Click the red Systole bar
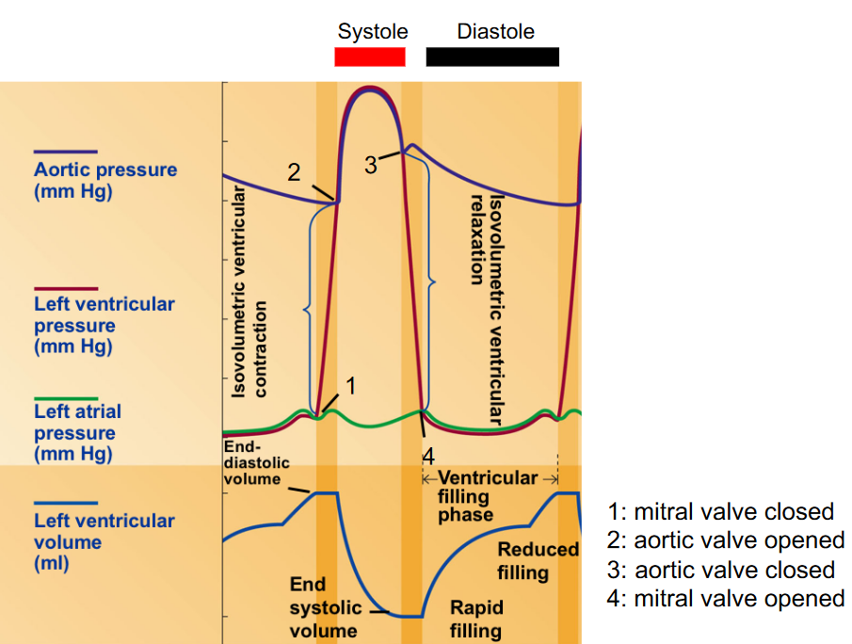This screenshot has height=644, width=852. point(370,56)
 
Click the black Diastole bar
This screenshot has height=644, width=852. point(492,56)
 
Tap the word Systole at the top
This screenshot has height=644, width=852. point(373,31)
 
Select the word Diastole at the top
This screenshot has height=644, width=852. point(495,31)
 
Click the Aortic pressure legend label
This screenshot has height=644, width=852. point(104,181)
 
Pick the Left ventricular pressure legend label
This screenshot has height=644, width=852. point(104,325)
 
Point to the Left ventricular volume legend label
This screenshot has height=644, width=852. point(104,541)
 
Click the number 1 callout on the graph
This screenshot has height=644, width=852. point(350,385)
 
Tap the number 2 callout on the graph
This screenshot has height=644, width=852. point(295,172)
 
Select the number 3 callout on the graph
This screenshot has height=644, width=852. point(371,165)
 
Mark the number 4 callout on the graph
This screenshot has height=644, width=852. point(428,457)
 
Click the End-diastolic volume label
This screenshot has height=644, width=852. point(257,463)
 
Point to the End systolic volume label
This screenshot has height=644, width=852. point(323,607)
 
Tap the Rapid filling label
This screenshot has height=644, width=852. point(476,619)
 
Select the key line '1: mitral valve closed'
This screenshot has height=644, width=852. point(721,512)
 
